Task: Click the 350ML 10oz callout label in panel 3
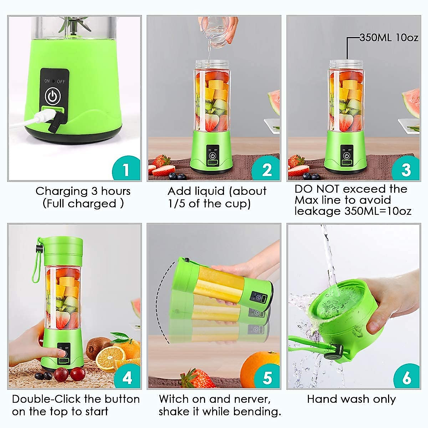pyautogui.click(x=389, y=37)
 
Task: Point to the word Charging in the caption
pyautogui.click(x=61, y=192)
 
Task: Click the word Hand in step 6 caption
pyautogui.click(x=320, y=399)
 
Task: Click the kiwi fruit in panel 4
pyautogui.click(x=93, y=347)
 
